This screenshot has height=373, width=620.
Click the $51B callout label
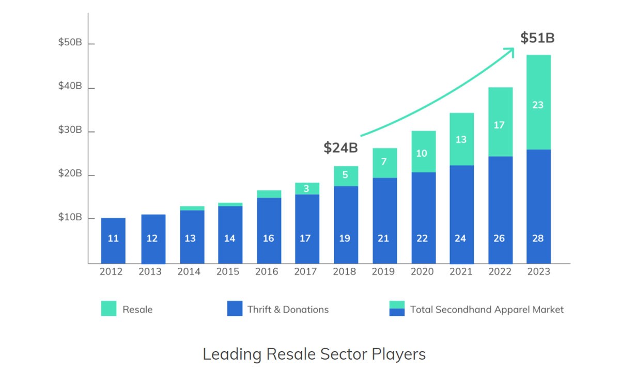[537, 38]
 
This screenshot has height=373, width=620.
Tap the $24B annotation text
[340, 148]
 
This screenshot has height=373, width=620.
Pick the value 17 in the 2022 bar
[499, 125]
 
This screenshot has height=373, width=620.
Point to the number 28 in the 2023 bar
[538, 238]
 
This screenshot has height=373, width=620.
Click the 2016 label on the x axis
[268, 272]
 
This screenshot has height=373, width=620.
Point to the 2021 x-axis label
[461, 272]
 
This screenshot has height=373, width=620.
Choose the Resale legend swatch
[109, 309]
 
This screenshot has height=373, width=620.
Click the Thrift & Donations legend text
[288, 310]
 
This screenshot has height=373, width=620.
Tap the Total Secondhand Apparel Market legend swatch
[397, 309]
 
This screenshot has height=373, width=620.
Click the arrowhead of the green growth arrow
[510, 50]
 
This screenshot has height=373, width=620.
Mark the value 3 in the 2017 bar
[306, 189]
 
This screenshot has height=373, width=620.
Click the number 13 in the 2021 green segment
[461, 139]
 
